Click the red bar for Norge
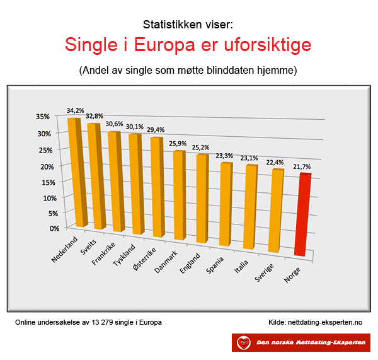click(303, 214)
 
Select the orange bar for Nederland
click(77, 173)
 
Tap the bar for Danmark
click(180, 195)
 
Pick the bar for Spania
click(226, 204)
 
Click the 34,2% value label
click(76, 110)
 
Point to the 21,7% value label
click(302, 166)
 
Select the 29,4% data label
click(156, 130)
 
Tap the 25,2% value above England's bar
click(200, 148)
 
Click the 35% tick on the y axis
click(43, 117)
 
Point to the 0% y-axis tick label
click(54, 228)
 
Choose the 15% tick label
click(49, 182)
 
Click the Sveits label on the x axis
click(88, 247)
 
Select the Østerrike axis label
click(145, 258)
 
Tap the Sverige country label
click(264, 272)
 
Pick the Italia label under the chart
click(241, 267)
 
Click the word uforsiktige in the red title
click(268, 45)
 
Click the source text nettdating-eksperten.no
click(325, 322)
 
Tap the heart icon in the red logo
click(243, 342)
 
